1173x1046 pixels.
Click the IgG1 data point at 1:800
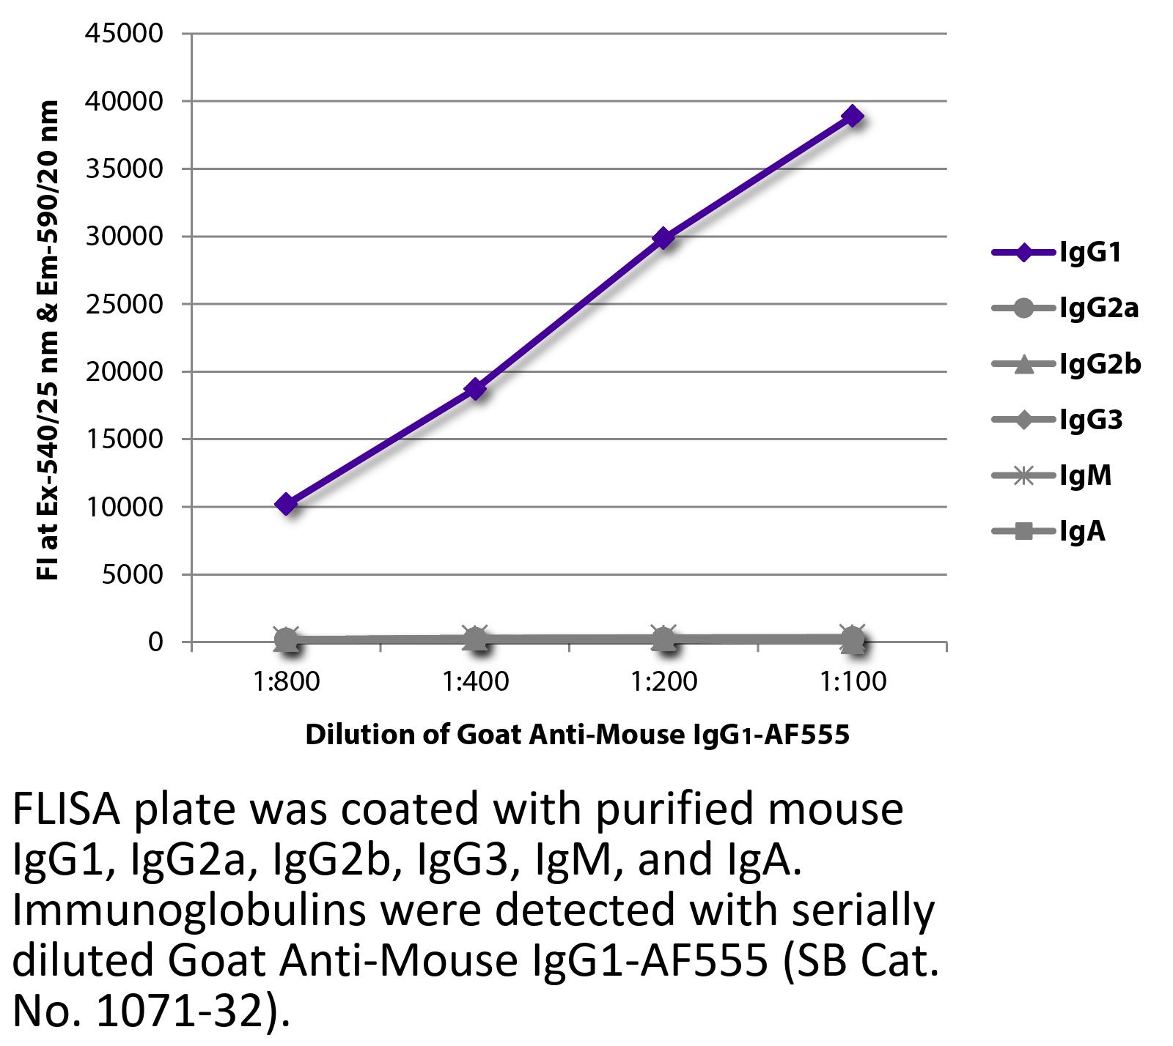[x=286, y=504]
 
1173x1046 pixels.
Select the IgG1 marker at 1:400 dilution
[x=475, y=388]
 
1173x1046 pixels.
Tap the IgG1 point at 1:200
[x=663, y=238]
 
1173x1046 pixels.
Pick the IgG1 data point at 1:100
[x=852, y=116]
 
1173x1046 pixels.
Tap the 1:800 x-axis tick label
[x=286, y=682]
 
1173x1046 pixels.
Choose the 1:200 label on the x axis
[x=663, y=682]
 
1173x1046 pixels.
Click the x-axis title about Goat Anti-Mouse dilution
[x=577, y=734]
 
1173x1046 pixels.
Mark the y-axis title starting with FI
[x=47, y=341]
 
